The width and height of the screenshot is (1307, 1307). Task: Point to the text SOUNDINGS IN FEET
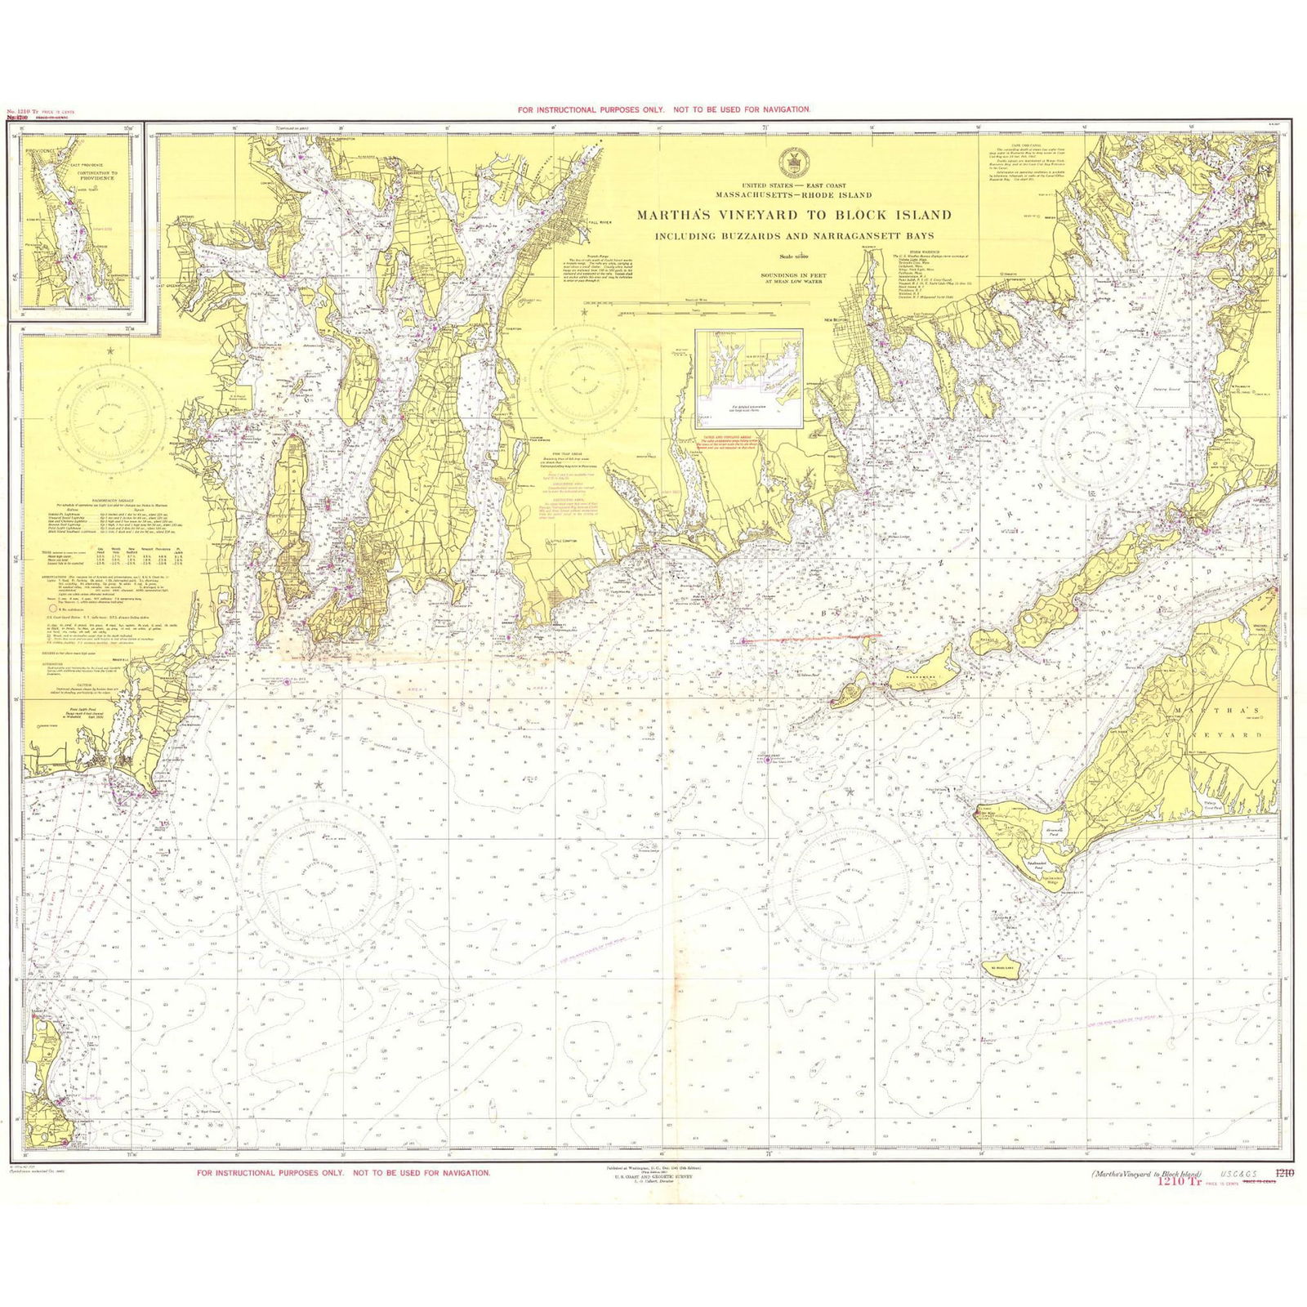click(793, 275)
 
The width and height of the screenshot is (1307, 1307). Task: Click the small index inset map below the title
click(748, 378)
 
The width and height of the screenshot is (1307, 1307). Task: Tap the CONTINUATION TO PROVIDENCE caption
click(97, 176)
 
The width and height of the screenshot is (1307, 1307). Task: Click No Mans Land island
click(1002, 967)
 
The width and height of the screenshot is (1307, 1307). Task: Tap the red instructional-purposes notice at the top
click(663, 109)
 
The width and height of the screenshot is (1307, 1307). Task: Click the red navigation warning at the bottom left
click(344, 1172)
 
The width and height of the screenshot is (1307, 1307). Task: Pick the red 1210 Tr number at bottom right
click(1177, 1180)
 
